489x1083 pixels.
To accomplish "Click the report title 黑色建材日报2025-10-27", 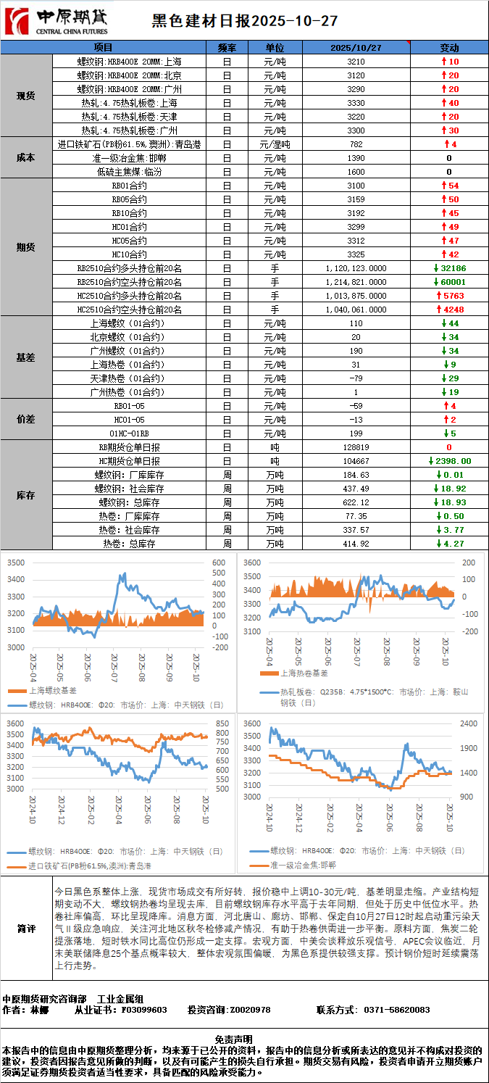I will pyautogui.click(x=244, y=21).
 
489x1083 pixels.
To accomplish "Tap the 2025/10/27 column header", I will pyautogui.click(x=356, y=48).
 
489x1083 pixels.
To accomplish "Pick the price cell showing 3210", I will pyautogui.click(x=356, y=62).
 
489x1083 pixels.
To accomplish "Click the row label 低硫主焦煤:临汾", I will pyautogui.click(x=130, y=172).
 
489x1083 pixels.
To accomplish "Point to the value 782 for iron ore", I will pyautogui.click(x=356, y=144).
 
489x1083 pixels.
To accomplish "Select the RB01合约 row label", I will pyautogui.click(x=130, y=186).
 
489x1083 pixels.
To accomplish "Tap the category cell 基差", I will pyautogui.click(x=26, y=357).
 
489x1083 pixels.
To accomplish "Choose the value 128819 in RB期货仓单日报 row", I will pyautogui.click(x=356, y=447).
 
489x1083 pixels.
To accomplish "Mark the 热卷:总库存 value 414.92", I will pyautogui.click(x=356, y=544).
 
